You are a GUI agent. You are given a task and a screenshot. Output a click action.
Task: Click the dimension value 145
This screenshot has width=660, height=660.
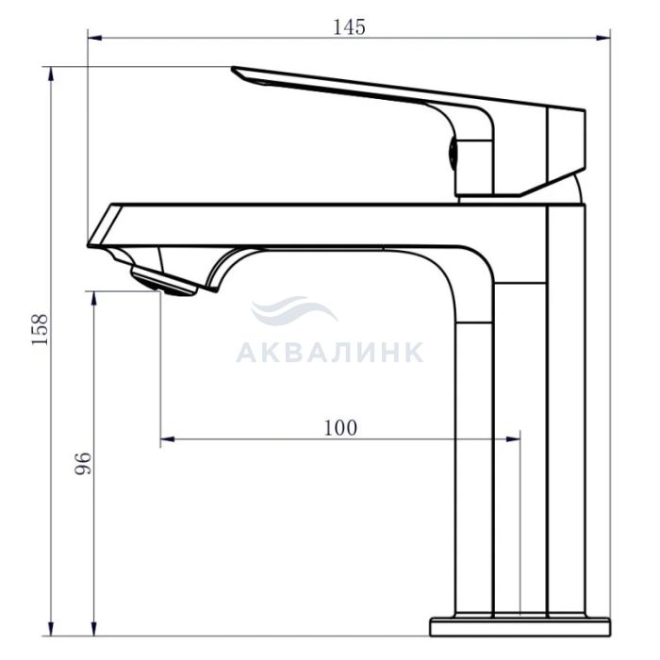349,27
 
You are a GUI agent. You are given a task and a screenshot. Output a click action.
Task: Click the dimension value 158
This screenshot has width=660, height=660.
41,330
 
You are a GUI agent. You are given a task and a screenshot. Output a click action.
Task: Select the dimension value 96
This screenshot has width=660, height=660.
83,464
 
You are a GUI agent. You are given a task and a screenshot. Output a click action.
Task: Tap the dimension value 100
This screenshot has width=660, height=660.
340,428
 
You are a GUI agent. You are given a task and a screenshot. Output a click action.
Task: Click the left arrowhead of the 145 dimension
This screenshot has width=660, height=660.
94,38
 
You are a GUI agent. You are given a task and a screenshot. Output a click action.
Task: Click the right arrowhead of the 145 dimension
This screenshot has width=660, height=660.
603,38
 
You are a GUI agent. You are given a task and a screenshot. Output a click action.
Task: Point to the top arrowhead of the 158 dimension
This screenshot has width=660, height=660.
51,74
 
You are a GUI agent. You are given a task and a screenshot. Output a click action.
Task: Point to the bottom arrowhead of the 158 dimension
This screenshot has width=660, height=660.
51,629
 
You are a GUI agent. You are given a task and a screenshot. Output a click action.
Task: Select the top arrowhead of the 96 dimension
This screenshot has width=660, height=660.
94,299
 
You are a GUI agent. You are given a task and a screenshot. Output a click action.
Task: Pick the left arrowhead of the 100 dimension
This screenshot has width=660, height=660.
168,439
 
